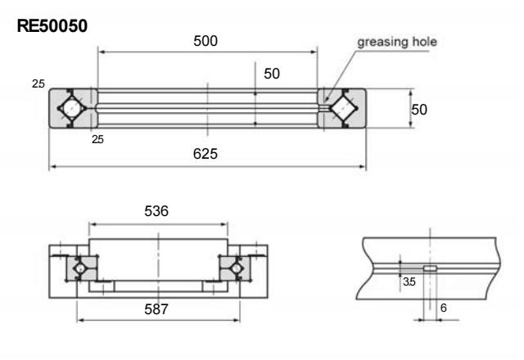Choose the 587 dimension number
pyautogui.click(x=156, y=310)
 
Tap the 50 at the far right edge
pyautogui.click(x=420, y=109)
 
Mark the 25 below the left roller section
pyautogui.click(x=98, y=138)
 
